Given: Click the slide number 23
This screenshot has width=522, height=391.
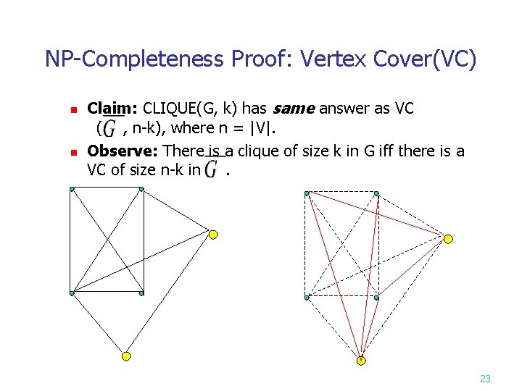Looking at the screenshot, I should (485, 378).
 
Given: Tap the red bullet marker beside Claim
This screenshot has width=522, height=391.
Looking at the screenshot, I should (72, 111).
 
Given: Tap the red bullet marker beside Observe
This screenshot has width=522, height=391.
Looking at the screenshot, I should (72, 153).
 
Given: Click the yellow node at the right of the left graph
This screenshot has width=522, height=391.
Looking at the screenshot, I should (213, 234).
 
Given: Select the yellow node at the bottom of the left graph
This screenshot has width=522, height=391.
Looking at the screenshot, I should (125, 356).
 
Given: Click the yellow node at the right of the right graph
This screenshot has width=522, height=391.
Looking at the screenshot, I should (448, 239).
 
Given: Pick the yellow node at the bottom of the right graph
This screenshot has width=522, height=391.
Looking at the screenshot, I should (361, 360).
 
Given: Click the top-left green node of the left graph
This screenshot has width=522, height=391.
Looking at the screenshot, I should (72, 189).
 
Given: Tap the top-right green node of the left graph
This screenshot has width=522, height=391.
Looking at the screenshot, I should (141, 189).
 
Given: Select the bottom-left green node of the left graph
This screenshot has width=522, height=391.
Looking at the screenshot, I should (72, 293).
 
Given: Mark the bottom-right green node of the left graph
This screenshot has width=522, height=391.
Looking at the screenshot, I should (141, 293).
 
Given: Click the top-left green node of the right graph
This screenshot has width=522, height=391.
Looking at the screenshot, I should (307, 193).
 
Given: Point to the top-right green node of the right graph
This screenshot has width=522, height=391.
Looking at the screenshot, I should (376, 193).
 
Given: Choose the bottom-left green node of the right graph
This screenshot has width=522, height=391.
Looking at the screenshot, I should (307, 298).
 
